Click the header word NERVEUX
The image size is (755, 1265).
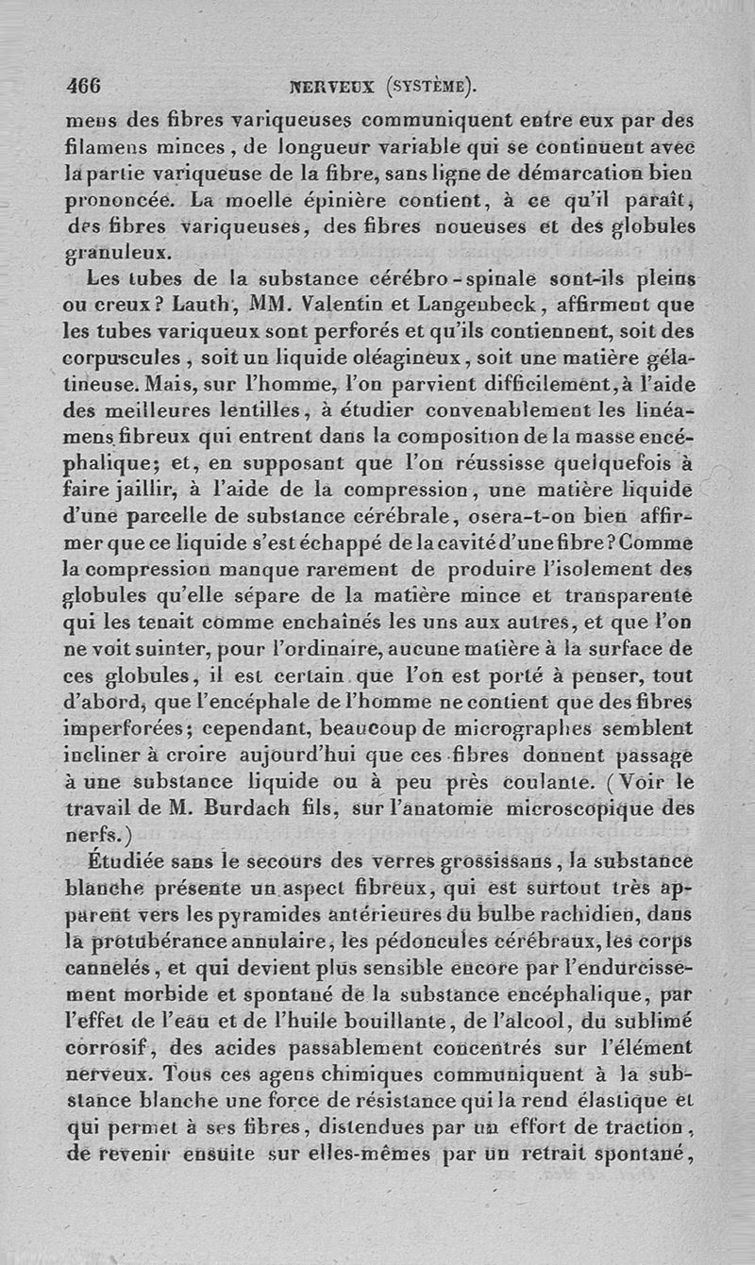coord(334,88)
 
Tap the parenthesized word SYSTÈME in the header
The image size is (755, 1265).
coord(428,88)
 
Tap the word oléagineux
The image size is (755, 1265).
coord(391,359)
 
